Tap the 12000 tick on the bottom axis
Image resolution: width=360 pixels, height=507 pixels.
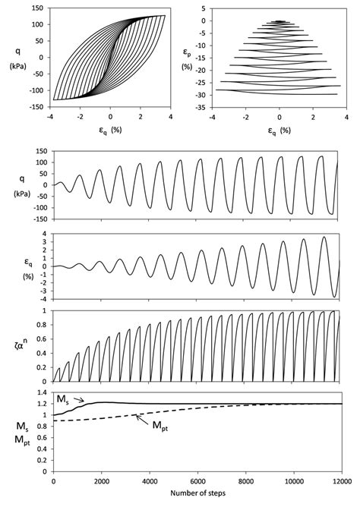[342, 483]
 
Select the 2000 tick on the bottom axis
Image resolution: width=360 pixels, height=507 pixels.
[101, 483]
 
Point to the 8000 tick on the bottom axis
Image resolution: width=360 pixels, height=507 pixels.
[245, 483]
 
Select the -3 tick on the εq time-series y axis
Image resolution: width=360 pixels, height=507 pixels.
[44, 291]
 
